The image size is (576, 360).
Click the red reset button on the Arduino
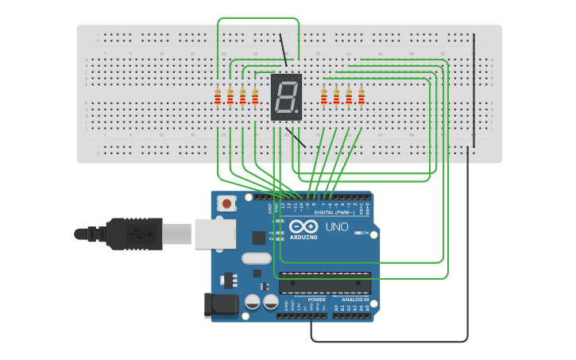click(x=227, y=204)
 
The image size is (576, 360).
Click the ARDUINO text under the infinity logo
click(x=303, y=237)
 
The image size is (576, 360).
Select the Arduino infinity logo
click(x=303, y=226)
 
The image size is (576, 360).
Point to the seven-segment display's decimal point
click(x=298, y=113)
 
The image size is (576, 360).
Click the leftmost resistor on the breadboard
click(x=218, y=97)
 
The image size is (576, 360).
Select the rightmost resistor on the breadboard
click(x=361, y=97)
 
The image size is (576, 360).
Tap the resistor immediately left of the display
click(x=255, y=97)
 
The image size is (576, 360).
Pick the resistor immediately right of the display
click(x=323, y=97)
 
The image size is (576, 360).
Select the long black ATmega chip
click(x=325, y=283)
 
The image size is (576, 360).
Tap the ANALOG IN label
click(x=355, y=300)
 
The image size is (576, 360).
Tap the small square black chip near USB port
click(x=259, y=237)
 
